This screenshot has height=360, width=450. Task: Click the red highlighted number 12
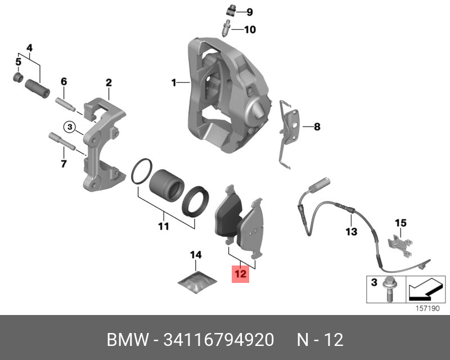coord(241,274)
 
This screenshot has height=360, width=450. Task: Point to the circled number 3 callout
coord(69,127)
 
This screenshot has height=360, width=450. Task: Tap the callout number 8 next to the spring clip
coord(317,127)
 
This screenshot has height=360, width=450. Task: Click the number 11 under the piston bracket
coord(163,227)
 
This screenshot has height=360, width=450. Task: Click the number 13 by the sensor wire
coord(351,231)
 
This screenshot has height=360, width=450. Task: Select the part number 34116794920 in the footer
coord(218,340)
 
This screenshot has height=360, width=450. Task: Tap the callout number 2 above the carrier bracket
coord(109,83)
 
